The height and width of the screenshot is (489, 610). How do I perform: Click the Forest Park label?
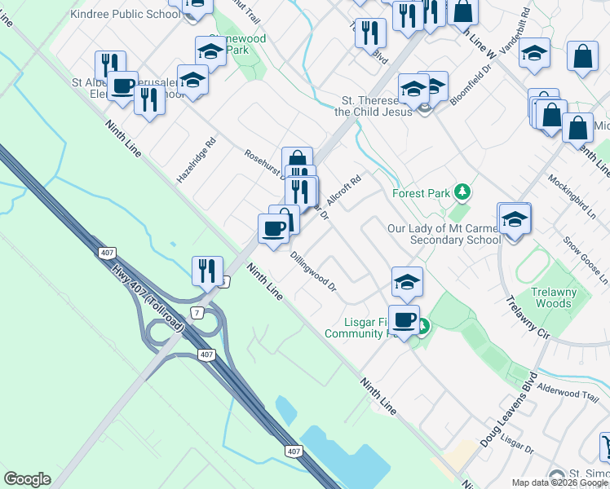[x=421, y=193]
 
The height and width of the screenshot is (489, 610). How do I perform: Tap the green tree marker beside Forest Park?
[x=463, y=192]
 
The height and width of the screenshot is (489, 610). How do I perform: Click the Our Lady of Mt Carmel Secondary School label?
[x=443, y=234]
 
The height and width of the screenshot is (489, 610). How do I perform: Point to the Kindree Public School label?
[x=126, y=14]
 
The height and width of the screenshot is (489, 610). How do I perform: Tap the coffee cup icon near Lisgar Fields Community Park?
[x=404, y=319]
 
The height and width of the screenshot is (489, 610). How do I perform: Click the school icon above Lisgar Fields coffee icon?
[x=407, y=282]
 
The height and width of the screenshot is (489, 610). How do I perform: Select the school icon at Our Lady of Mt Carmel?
[x=514, y=220]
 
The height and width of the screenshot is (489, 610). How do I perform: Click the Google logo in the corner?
[x=27, y=479]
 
